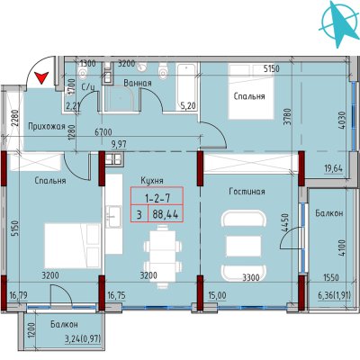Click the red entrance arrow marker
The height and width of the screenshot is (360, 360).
tap(41, 78)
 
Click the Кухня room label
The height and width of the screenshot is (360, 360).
tap(152, 181)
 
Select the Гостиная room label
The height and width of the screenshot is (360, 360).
tap(247, 192)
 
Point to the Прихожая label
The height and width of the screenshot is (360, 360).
tap(47, 127)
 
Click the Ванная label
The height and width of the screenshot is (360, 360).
tap(138, 83)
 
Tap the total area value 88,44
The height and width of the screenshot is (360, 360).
tap(166, 214)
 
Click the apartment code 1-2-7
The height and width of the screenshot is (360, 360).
tap(157, 198)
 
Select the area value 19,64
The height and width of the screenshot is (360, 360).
tap(333, 168)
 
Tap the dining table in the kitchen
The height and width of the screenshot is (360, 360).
tap(163, 256)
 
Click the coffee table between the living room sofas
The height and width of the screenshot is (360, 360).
tap(243, 247)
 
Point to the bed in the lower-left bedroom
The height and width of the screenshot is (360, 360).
tap(73, 246)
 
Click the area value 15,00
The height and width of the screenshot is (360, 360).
tap(217, 296)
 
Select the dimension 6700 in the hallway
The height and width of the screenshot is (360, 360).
tap(103, 132)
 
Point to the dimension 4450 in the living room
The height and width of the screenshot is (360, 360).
tap(284, 222)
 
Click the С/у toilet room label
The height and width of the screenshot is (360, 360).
tap(88, 87)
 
